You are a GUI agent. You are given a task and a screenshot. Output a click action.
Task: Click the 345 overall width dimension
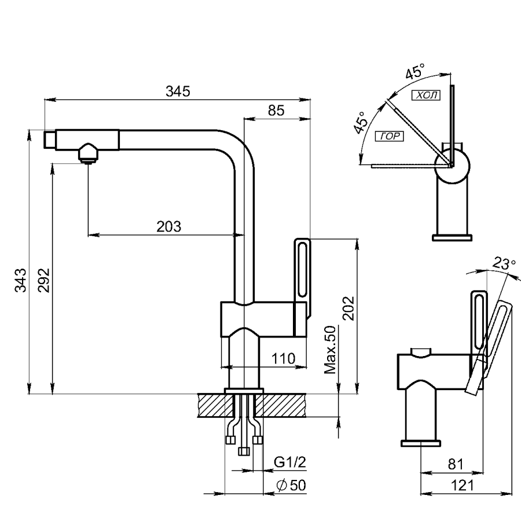[178, 91]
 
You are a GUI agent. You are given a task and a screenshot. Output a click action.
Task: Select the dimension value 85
[276, 111]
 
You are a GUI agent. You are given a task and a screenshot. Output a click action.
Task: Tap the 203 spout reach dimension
[169, 226]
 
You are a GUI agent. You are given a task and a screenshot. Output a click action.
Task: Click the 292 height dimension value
[44, 280]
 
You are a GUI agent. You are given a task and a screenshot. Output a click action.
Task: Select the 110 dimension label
[284, 358]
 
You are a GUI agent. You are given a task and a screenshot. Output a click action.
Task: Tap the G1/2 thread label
[289, 463]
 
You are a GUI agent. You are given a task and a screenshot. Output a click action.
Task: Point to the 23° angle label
[504, 263]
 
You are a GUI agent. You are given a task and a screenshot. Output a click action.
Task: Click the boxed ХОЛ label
[425, 95]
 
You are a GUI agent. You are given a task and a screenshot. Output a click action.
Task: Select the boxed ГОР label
[390, 137]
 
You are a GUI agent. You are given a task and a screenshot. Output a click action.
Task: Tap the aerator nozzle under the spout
[87, 154]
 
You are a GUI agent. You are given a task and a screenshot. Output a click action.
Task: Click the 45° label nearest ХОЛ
[415, 74]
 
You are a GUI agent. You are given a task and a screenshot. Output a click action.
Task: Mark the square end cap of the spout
[50, 140]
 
